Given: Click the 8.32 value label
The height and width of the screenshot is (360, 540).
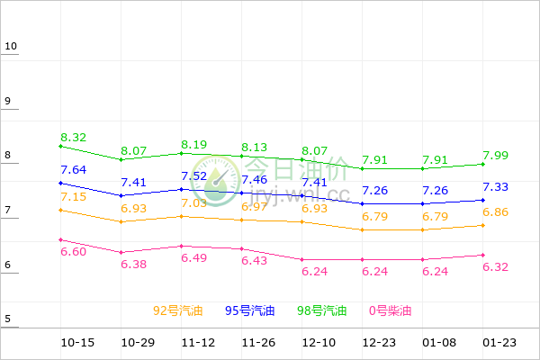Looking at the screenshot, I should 74,138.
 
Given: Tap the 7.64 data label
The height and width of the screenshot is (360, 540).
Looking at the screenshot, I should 74,170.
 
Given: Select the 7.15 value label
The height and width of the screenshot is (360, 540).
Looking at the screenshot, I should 74,197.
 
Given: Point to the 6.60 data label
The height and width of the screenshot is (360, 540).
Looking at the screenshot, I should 74,252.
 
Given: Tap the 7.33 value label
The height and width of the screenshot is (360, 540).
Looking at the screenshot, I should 498,187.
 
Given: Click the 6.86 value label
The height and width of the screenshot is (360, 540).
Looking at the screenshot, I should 498,212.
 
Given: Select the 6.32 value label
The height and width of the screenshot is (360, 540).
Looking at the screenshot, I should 498,267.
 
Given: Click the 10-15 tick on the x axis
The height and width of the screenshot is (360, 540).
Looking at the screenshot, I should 77,343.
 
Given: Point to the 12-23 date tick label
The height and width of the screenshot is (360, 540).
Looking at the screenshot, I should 378,343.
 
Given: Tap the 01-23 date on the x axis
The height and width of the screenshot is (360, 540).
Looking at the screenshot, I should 499,343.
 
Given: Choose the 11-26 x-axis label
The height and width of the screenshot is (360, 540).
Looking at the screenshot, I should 257,343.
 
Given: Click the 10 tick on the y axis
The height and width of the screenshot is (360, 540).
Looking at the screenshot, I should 10,47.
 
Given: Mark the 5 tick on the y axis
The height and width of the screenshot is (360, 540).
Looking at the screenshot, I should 7,319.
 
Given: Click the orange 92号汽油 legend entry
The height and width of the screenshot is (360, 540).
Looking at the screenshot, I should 178,311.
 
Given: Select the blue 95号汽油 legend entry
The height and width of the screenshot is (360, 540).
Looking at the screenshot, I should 250,311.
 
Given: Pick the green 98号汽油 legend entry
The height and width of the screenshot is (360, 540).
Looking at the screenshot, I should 322,311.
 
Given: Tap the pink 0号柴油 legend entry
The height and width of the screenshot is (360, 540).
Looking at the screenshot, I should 391,311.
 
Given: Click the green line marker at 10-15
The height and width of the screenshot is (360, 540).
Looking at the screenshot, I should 60,146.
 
